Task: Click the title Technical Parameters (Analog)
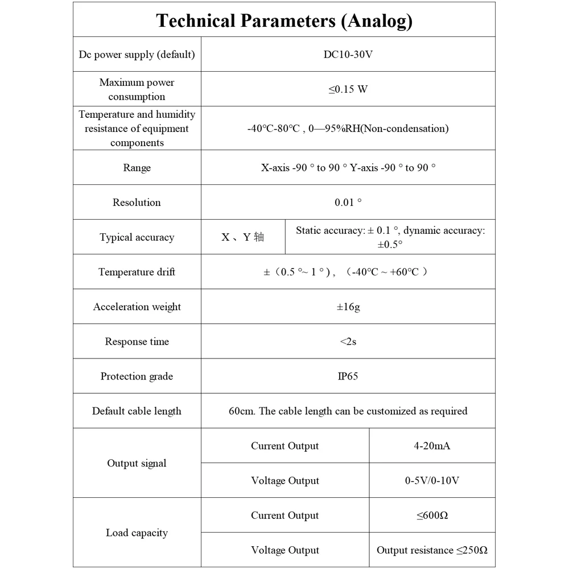(284, 21)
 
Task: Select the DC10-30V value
(348, 55)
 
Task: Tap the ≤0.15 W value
(348, 89)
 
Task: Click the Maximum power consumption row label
(137, 89)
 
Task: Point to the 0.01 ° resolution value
(348, 203)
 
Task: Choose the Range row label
(137, 168)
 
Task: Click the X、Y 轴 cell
(243, 237)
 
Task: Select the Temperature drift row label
(137, 272)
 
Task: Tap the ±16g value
(348, 307)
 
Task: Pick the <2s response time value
(348, 341)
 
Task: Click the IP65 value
(348, 376)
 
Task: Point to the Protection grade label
(137, 376)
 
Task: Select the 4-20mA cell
(432, 446)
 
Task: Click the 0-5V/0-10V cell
(432, 481)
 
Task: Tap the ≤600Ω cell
(432, 516)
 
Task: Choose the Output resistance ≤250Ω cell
(432, 550)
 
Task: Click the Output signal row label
(137, 463)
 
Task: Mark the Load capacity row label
(137, 533)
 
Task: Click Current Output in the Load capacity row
(284, 516)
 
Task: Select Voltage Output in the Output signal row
(284, 481)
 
